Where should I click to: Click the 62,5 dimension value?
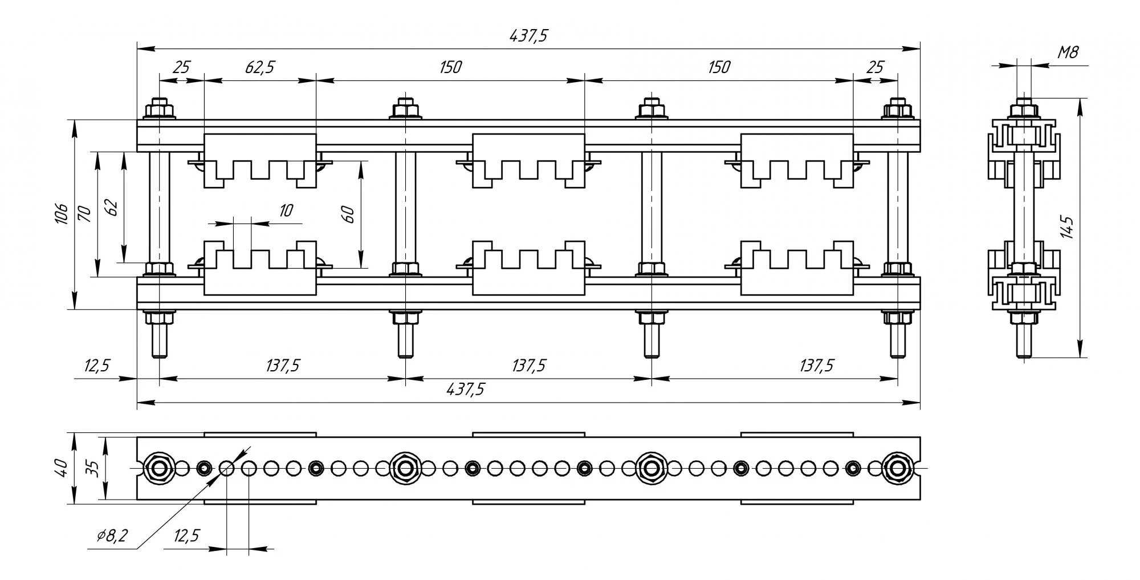click(260, 67)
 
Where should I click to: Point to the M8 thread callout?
click(1068, 53)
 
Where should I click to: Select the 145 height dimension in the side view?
click(1068, 227)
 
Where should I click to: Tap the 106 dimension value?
click(62, 214)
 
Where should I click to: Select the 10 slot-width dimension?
click(286, 210)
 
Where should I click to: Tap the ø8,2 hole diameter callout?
click(112, 536)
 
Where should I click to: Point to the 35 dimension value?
click(94, 468)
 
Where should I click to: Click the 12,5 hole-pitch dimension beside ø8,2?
click(186, 536)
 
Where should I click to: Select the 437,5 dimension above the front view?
click(528, 36)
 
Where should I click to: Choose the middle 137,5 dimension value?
click(528, 365)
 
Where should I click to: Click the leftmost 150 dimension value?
click(450, 67)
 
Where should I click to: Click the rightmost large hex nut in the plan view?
click(898, 468)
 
